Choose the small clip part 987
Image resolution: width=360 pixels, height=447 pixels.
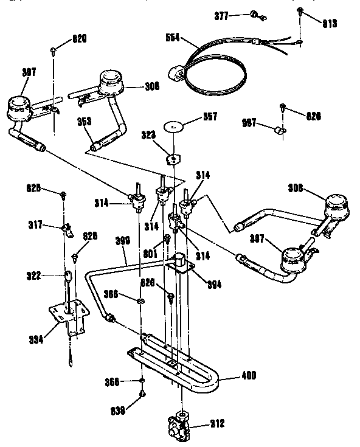(x=280, y=130)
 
